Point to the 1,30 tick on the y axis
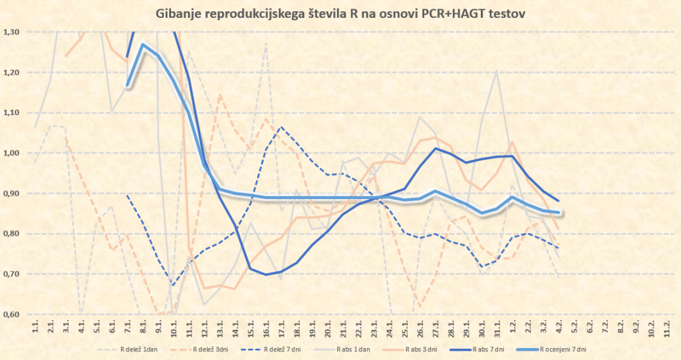(11, 32)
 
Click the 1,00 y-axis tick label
(11, 153)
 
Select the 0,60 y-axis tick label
(11, 314)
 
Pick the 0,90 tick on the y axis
(11, 194)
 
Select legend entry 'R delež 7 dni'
(290, 349)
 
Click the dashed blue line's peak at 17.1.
(281, 127)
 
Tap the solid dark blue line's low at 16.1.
(266, 274)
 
